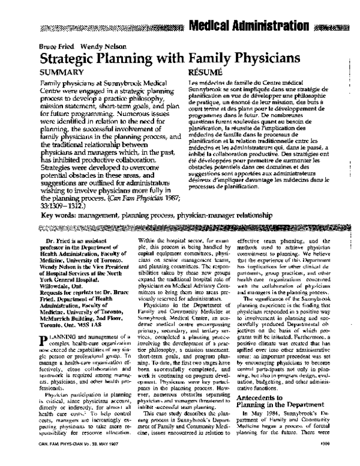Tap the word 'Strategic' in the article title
pyautogui.click(x=74, y=61)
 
